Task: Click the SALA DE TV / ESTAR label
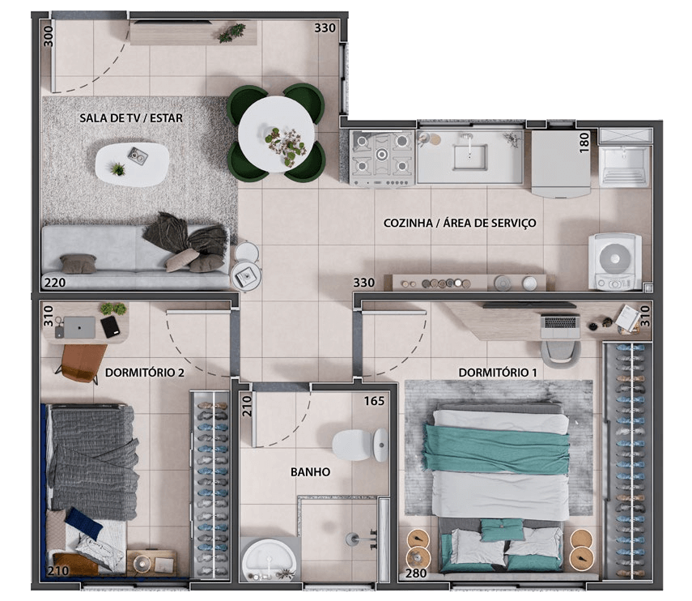click(131, 118)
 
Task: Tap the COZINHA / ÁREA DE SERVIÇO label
click(460, 223)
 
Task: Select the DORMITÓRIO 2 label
click(144, 373)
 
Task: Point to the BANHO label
click(310, 472)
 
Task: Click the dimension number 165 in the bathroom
click(374, 401)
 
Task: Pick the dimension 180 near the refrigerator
click(584, 143)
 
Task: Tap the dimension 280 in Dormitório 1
click(416, 573)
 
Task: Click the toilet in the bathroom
click(360, 445)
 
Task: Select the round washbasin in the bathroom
click(269, 560)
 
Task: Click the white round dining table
click(277, 134)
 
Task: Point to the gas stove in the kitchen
click(382, 158)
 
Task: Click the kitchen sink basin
click(469, 157)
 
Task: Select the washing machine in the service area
click(615, 262)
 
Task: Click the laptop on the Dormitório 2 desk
click(79, 327)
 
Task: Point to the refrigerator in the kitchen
click(561, 164)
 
